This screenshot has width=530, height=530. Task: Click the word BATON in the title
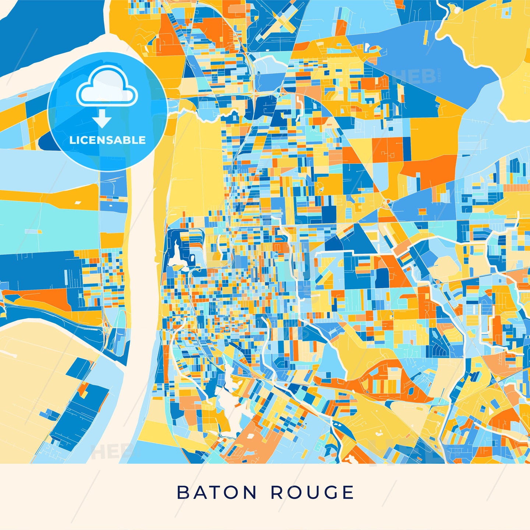[x=216, y=492]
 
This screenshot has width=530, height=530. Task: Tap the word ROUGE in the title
[x=312, y=492]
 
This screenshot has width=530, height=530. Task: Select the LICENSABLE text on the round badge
[x=107, y=140]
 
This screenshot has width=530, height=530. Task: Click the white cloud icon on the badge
[x=107, y=87]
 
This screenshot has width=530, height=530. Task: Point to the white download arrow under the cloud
[x=102, y=119]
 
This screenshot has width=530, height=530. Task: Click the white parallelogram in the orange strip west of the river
[x=79, y=202]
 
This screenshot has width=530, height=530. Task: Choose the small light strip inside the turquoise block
[x=33, y=231]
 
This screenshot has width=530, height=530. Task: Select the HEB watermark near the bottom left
[x=110, y=452]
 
